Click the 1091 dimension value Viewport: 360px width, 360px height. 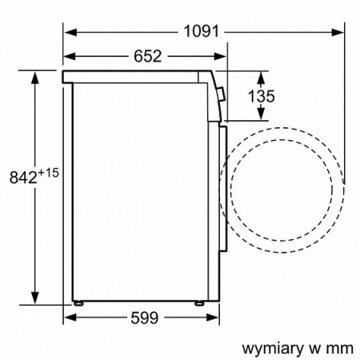(201, 31)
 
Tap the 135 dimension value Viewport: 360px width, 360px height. (261, 97)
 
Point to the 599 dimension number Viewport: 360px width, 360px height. (143, 318)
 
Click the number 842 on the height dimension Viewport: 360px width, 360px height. (22, 178)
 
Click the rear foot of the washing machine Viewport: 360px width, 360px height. (80, 304)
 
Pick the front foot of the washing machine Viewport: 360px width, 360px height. (198, 304)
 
